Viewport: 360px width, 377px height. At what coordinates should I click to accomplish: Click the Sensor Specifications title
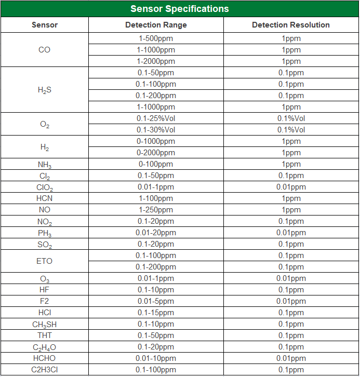pyautogui.click(x=179, y=9)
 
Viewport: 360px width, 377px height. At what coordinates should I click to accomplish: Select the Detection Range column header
pyautogui.click(x=156, y=25)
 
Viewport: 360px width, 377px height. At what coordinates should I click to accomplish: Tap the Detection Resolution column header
pyautogui.click(x=291, y=25)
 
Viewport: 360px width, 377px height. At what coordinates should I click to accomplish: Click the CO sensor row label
pyautogui.click(x=45, y=50)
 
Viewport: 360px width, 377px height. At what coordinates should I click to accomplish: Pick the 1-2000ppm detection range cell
pyautogui.click(x=156, y=61)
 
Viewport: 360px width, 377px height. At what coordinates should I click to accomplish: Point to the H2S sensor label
pyautogui.click(x=45, y=90)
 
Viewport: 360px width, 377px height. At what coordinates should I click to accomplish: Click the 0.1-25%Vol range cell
pyautogui.click(x=156, y=118)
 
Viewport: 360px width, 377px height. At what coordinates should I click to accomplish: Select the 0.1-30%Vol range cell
pyautogui.click(x=156, y=130)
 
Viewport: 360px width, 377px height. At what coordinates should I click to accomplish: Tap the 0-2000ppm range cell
pyautogui.click(x=156, y=153)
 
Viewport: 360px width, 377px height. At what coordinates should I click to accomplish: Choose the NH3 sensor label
pyautogui.click(x=45, y=165)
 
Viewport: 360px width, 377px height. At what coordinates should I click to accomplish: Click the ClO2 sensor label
pyautogui.click(x=45, y=187)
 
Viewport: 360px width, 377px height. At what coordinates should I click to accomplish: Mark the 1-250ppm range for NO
pyautogui.click(x=156, y=210)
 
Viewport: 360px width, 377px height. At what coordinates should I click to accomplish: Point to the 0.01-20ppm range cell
pyautogui.click(x=156, y=233)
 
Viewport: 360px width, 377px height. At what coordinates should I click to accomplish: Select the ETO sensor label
pyautogui.click(x=45, y=261)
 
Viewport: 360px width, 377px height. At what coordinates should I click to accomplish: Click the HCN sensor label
pyautogui.click(x=45, y=198)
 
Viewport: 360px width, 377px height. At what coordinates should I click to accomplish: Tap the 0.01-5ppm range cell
pyautogui.click(x=156, y=301)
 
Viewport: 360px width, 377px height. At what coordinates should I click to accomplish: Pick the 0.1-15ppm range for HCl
pyautogui.click(x=156, y=313)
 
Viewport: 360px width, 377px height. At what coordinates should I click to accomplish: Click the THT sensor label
pyautogui.click(x=45, y=335)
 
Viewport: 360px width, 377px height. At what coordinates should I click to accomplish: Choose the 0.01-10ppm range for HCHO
pyautogui.click(x=156, y=358)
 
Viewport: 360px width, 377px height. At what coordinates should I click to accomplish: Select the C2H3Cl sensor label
pyautogui.click(x=45, y=370)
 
